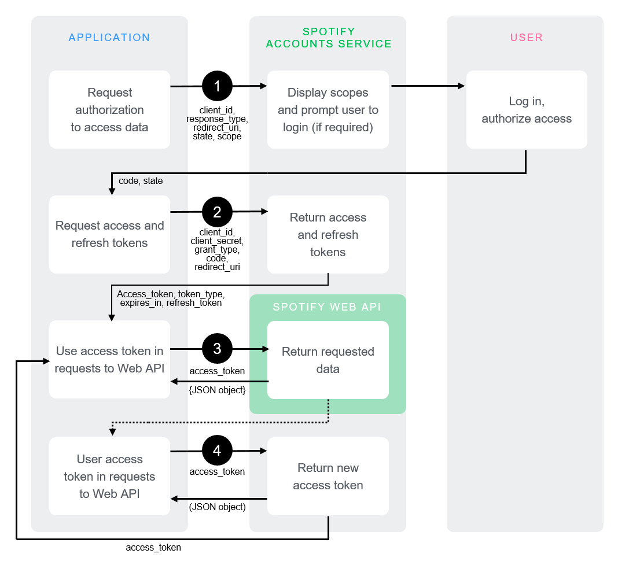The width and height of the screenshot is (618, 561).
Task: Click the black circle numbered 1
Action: [x=217, y=86]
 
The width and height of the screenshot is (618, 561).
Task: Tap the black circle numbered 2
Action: [x=217, y=212]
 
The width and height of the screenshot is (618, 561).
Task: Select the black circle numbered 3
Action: [x=217, y=349]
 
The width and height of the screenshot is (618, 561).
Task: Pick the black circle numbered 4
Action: [x=217, y=451]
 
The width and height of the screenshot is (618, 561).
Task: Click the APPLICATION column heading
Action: [x=109, y=38]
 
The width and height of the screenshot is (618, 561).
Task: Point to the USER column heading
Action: [x=527, y=38]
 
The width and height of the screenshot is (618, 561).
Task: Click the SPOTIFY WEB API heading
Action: [x=328, y=307]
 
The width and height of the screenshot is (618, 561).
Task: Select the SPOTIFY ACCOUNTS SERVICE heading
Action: [x=328, y=38]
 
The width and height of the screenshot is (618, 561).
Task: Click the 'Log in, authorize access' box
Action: [x=527, y=110]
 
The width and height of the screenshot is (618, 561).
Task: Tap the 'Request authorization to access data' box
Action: [x=109, y=110]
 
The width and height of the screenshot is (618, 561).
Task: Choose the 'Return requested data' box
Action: [x=328, y=360]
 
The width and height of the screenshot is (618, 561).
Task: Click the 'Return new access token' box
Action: [x=328, y=476]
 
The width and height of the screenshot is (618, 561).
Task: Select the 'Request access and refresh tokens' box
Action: [x=109, y=234]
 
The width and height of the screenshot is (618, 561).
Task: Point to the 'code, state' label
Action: [x=141, y=181]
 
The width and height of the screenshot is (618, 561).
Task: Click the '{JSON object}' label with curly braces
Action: [x=218, y=390]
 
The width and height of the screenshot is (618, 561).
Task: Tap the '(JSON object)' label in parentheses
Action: [x=218, y=507]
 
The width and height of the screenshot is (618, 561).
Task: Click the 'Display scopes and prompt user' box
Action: [x=328, y=110]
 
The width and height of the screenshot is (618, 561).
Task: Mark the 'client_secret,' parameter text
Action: [x=217, y=241]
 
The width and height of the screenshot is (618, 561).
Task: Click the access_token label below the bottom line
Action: [x=153, y=547]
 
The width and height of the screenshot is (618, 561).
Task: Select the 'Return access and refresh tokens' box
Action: [x=328, y=234]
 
